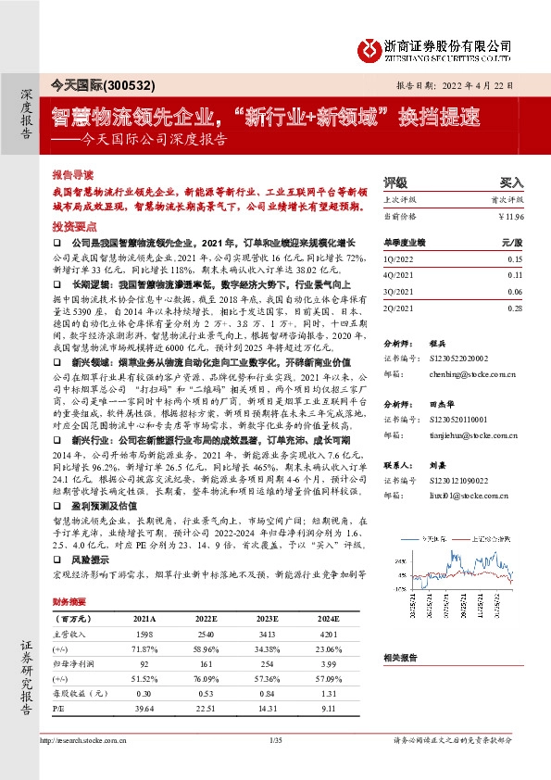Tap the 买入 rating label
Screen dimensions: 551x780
click(511, 183)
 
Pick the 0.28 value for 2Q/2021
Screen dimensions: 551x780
click(515, 307)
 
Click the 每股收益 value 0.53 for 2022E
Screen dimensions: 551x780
click(204, 695)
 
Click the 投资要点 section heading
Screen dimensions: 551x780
click(73, 226)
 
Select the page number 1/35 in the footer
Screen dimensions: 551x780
click(274, 741)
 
